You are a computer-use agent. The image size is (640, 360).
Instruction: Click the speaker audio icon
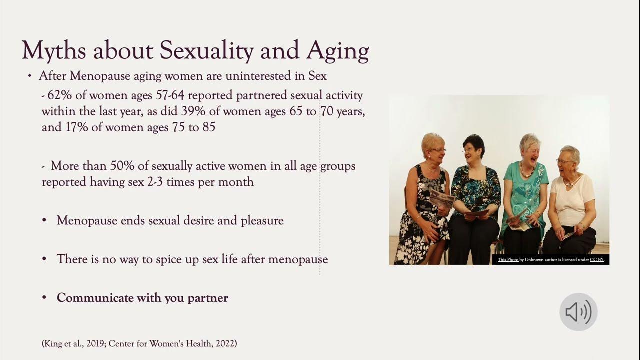click(x=578, y=312)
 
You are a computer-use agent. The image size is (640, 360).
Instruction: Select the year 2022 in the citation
click(x=222, y=344)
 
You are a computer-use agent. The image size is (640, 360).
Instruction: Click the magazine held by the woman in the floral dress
click(x=442, y=199)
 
